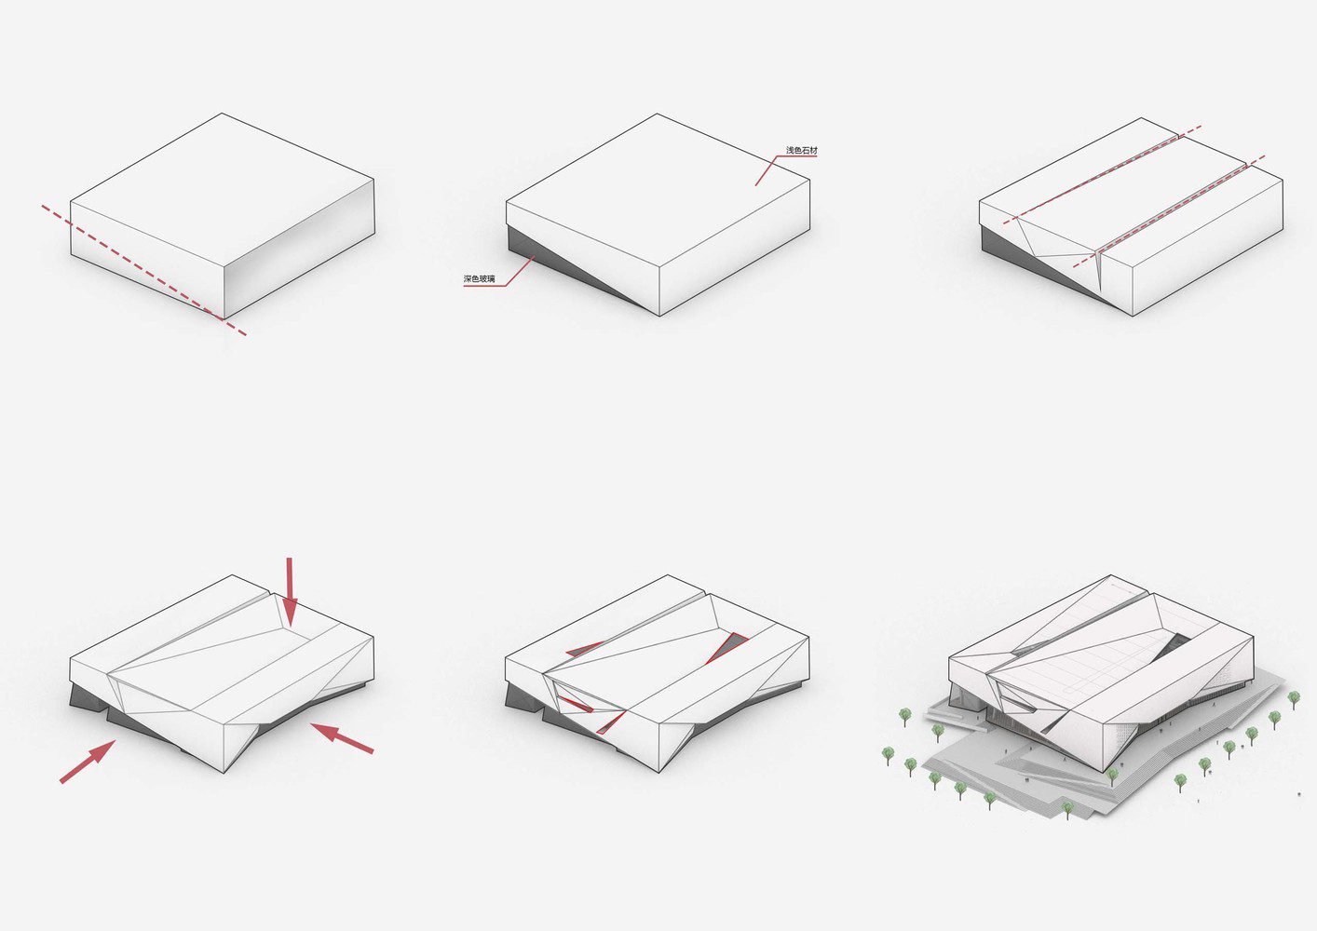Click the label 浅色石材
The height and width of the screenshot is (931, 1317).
(801, 151)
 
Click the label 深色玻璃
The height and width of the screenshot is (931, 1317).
(479, 278)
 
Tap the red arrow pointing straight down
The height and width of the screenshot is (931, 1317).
(290, 590)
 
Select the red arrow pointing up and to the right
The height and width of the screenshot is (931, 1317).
(88, 762)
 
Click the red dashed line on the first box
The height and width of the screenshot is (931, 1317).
(143, 270)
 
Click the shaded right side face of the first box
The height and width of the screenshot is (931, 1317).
(299, 249)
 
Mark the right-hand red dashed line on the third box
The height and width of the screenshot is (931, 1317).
(1169, 211)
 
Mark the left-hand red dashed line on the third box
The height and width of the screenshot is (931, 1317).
(1101, 175)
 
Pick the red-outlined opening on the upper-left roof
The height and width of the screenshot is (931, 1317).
(584, 649)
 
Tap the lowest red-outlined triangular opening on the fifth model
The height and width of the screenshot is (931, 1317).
(610, 722)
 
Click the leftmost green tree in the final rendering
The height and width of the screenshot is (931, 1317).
(888, 755)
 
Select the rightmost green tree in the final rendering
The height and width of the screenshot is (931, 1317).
(1294, 699)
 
